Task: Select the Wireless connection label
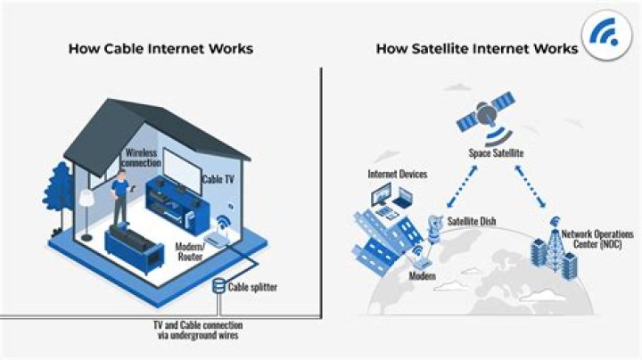(144, 158)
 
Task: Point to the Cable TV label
(218, 179)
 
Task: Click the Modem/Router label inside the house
(191, 251)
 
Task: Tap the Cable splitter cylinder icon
(218, 287)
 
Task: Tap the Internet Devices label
(397, 174)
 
